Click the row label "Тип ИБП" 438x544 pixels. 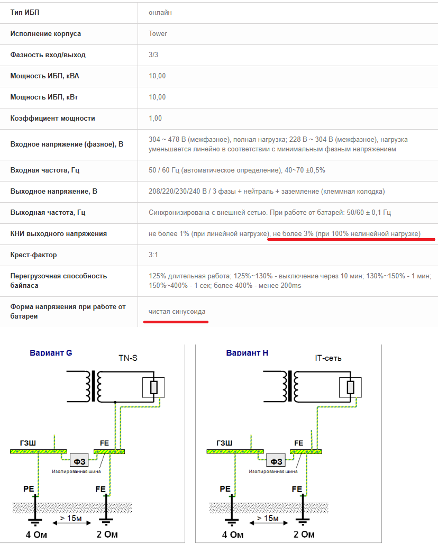click(x=25, y=13)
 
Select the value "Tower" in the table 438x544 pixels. click(x=158, y=34)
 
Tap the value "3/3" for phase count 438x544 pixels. click(x=153, y=55)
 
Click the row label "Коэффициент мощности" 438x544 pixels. click(x=52, y=119)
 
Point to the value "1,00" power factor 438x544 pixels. click(x=155, y=119)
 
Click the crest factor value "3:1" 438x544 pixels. click(x=153, y=255)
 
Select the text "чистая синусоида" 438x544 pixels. click(x=177, y=312)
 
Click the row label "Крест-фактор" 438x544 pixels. click(x=33, y=255)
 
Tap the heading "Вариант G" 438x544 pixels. click(x=51, y=353)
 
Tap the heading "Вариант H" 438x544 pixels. click(x=247, y=353)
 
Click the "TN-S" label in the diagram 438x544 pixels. click(x=128, y=358)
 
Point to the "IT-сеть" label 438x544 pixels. click(x=328, y=358)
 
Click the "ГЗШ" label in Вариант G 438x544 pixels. click(x=28, y=443)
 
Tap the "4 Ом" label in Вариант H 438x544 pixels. click(x=233, y=534)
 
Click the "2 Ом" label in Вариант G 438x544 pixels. click(x=107, y=534)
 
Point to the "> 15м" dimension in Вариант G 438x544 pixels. click(x=71, y=518)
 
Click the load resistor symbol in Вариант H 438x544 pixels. click(x=351, y=387)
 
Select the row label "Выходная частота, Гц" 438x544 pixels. click(x=48, y=212)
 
